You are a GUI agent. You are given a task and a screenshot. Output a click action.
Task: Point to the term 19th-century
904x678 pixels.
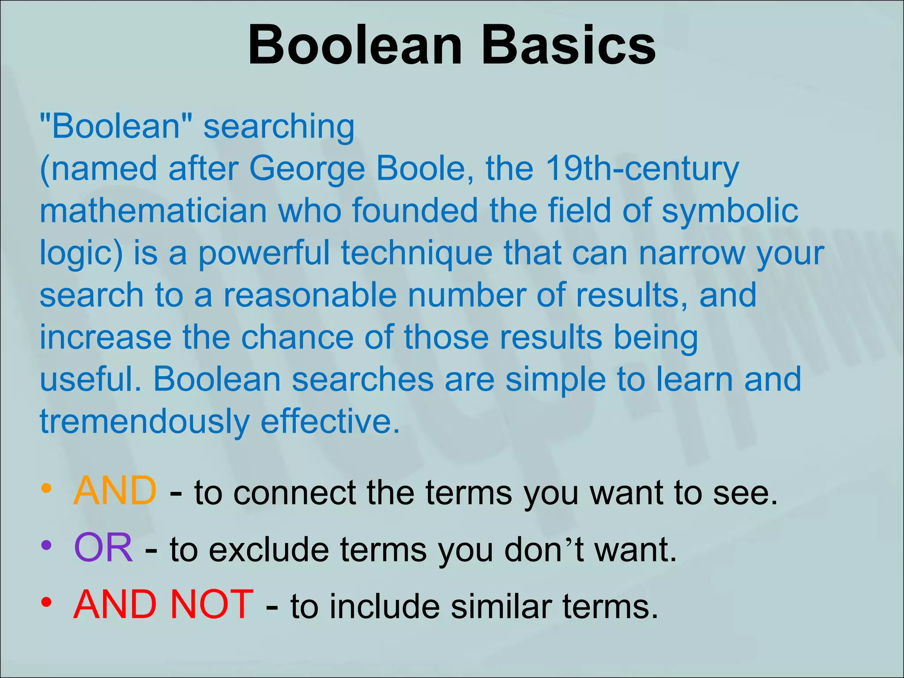(x=642, y=169)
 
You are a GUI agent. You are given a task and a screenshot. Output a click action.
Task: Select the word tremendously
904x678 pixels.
(x=145, y=422)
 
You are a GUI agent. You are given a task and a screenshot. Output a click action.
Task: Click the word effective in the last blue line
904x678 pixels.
(x=330, y=422)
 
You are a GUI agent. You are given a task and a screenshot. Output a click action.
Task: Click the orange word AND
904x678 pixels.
(x=115, y=491)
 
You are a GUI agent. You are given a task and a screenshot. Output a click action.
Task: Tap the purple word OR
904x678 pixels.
(x=103, y=548)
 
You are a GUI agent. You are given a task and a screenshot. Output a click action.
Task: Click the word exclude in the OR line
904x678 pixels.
(x=269, y=550)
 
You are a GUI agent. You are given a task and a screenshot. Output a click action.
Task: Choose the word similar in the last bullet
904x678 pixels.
(x=501, y=606)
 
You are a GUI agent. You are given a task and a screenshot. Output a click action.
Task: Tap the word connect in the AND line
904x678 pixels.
(x=294, y=493)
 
